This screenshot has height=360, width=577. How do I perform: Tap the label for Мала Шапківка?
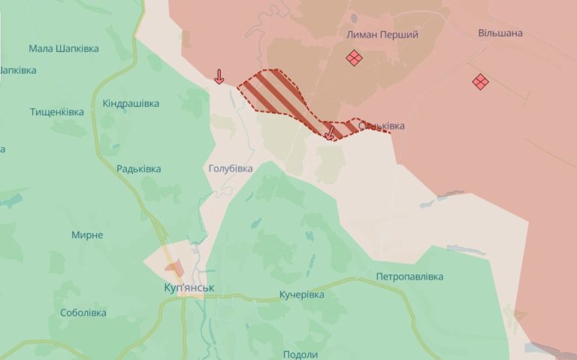pyautogui.click(x=64, y=49)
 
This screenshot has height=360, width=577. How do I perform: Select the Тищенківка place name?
pyautogui.click(x=57, y=112)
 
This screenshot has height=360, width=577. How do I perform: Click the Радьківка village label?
pyautogui.click(x=139, y=169)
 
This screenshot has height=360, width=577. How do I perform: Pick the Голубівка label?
pyautogui.click(x=231, y=169)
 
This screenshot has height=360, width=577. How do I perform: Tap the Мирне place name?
pyautogui.click(x=87, y=235)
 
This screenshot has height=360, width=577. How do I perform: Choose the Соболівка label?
pyautogui.click(x=83, y=313)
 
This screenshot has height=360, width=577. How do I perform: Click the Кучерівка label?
pyautogui.click(x=301, y=295)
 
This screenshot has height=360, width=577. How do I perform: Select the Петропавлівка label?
pyautogui.click(x=410, y=277)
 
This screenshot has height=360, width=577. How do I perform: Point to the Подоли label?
pyautogui.click(x=301, y=355)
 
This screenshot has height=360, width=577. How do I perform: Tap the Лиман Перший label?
pyautogui.click(x=382, y=35)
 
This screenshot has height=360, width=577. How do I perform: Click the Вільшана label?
pyautogui.click(x=500, y=34)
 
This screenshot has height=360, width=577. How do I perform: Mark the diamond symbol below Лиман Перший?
pyautogui.click(x=354, y=58)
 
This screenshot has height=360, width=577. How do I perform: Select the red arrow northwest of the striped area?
pyautogui.click(x=219, y=76)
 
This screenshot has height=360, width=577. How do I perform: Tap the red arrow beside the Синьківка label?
pyautogui.click(x=329, y=133)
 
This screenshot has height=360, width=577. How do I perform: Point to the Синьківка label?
pyautogui.click(x=381, y=126)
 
